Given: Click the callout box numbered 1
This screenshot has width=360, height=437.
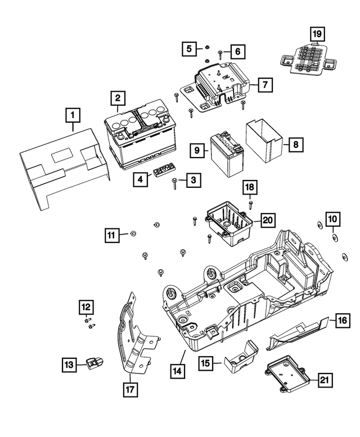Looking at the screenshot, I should coord(73,115).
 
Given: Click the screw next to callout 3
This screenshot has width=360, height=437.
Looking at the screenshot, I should coord(175,180).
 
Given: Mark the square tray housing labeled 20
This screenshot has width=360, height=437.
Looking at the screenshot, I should coord(228,224).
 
